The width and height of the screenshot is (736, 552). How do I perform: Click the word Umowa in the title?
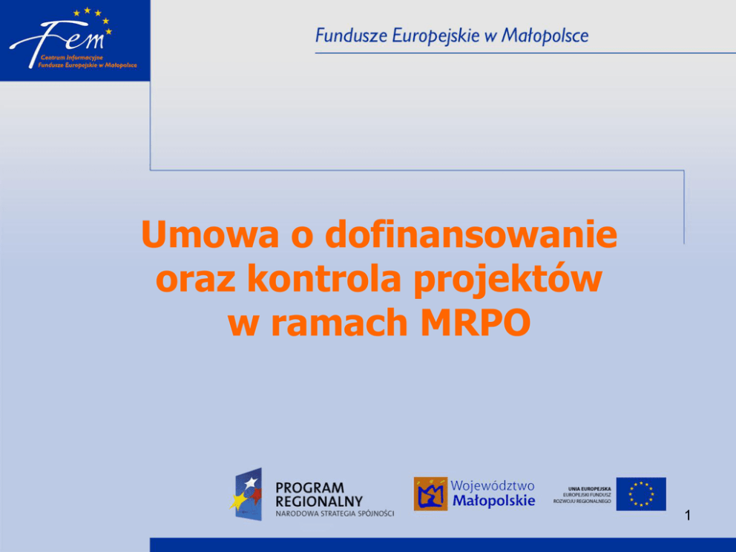(210, 234)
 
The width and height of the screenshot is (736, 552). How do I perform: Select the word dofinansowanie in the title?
(471, 234)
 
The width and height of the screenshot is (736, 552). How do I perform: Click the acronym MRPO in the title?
(475, 323)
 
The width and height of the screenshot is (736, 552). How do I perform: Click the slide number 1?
(688, 516)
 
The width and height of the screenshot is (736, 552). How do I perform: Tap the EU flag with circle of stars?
(641, 494)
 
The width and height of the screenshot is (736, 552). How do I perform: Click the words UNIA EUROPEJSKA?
(590, 489)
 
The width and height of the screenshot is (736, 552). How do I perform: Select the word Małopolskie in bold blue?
(494, 501)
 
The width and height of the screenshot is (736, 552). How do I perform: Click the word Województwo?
(493, 485)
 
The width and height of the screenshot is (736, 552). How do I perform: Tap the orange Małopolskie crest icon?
(430, 494)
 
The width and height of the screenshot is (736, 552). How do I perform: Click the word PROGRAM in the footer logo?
(310, 487)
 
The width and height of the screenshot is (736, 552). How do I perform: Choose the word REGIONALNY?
(319, 502)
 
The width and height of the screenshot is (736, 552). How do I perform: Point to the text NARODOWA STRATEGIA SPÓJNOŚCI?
(335, 513)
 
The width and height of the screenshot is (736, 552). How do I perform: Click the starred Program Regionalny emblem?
(247, 494)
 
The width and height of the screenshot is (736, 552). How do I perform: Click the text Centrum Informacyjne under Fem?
(71, 58)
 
